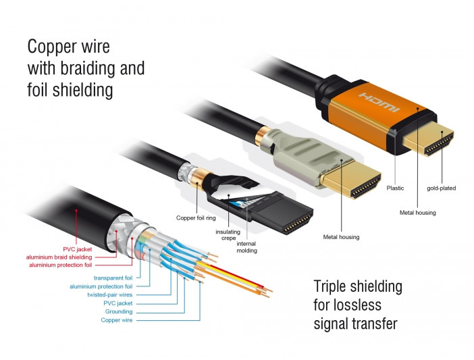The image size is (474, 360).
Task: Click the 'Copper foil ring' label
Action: point(195,217)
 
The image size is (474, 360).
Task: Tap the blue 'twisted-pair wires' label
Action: point(110,294)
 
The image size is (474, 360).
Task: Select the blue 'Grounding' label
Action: point(119,311)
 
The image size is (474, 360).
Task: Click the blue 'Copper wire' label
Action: point(116,320)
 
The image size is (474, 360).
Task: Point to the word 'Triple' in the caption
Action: point(332,286)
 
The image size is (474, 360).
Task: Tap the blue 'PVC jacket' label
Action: point(119,303)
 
